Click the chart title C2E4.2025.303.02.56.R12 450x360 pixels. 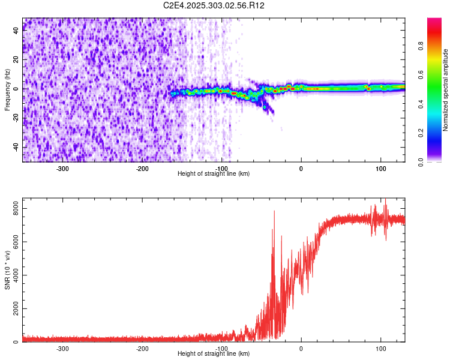[x=214, y=5]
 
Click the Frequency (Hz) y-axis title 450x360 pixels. [x=7, y=90]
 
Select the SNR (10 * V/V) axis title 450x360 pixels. [x=7, y=270]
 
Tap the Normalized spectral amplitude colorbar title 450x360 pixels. [x=446, y=90]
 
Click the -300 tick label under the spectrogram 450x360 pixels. [x=63, y=168]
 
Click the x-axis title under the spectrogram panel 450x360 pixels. [x=214, y=173]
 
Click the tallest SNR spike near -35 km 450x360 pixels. [x=274, y=211]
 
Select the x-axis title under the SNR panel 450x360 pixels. [x=214, y=353]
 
